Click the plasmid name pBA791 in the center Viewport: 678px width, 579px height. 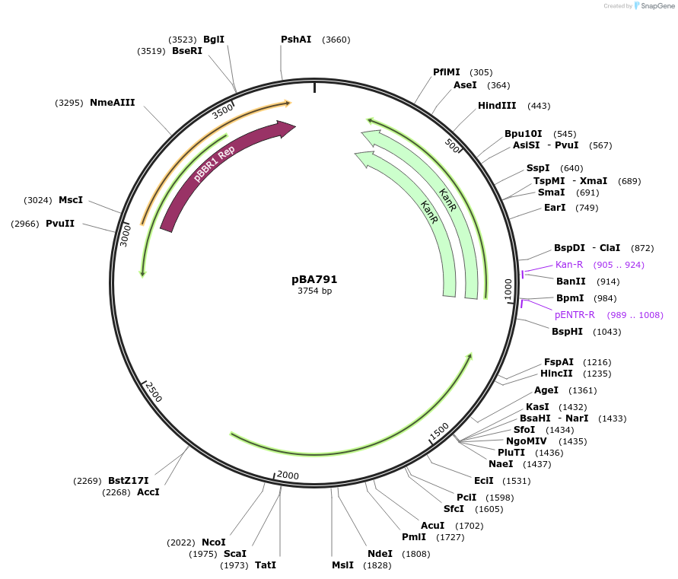click(x=314, y=279)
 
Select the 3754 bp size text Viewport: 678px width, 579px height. click(x=314, y=291)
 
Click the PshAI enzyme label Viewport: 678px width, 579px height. click(x=296, y=40)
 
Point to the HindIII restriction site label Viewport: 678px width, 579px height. click(x=497, y=106)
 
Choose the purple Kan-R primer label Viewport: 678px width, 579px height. click(x=569, y=265)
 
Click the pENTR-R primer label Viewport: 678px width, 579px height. click(x=575, y=315)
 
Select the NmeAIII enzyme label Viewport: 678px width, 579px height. click(x=113, y=103)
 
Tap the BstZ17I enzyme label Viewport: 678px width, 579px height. click(x=129, y=481)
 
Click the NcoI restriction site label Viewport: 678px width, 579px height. click(x=214, y=542)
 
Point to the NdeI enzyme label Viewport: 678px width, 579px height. click(x=380, y=554)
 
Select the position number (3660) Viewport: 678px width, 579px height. click(x=336, y=40)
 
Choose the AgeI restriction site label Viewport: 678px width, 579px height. click(x=546, y=390)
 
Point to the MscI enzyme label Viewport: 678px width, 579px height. click(x=71, y=200)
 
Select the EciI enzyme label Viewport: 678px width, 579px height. click(x=484, y=481)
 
